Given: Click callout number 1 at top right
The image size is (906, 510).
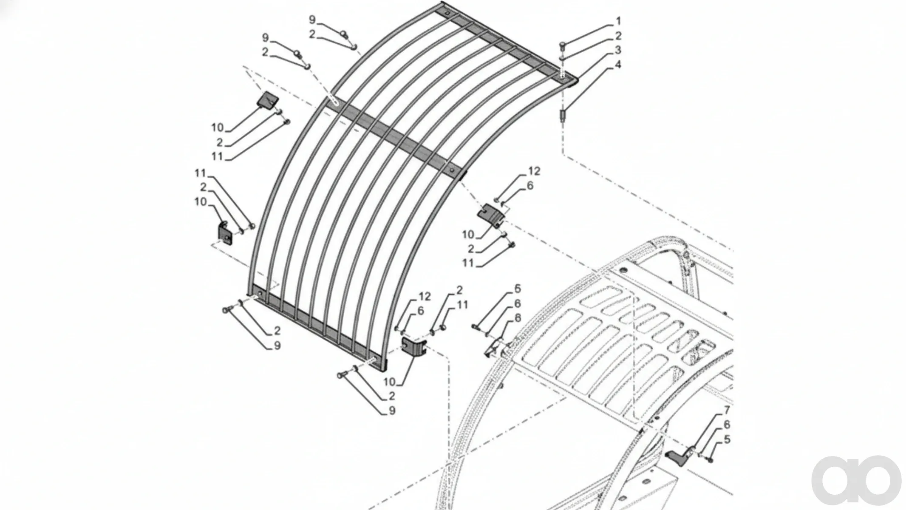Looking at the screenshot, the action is coord(618,21).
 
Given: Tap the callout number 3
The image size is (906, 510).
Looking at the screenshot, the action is coord(618,50).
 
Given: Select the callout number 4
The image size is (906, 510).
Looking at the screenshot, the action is coord(618,65).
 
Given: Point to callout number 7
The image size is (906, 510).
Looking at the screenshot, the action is coord(727,411).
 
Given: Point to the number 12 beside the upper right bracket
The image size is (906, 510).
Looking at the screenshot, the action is coord(534,171).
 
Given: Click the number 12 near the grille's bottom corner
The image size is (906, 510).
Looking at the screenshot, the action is coord(425,297).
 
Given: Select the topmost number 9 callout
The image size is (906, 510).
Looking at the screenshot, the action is coord(312,20).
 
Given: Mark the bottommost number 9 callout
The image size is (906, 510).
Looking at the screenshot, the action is coord(392,411).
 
